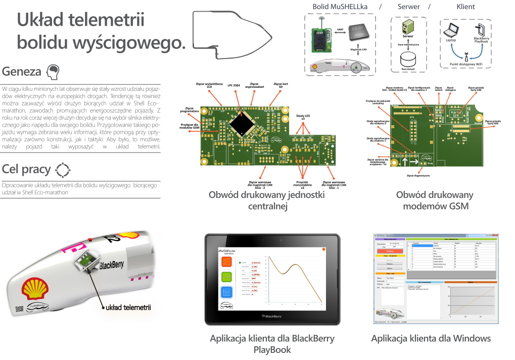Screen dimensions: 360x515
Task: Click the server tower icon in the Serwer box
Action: (405, 28)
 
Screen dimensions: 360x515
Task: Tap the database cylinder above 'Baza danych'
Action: (407, 57)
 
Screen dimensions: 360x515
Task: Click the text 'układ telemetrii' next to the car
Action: (128, 306)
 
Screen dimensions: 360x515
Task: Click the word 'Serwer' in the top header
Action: (408, 7)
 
